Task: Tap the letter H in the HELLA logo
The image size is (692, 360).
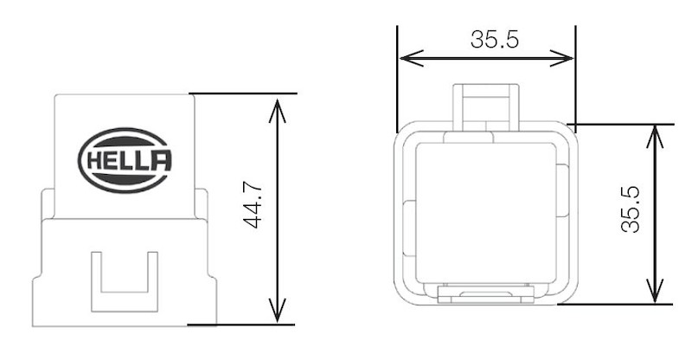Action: pyautogui.click(x=92, y=160)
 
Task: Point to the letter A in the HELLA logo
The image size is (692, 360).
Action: pyautogui.click(x=161, y=160)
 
